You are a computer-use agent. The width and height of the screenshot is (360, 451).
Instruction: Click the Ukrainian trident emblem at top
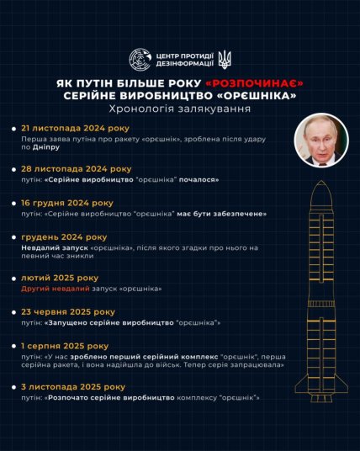(x=225, y=59)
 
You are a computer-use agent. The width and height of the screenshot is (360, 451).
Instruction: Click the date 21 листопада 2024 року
(x=71, y=131)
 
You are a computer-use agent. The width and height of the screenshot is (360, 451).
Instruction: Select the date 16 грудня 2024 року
(x=66, y=203)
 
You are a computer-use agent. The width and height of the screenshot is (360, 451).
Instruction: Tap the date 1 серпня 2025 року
(x=64, y=345)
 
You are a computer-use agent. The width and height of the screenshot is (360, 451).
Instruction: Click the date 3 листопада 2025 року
(x=73, y=386)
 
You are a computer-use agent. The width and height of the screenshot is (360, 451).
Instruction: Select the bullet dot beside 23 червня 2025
(x=13, y=312)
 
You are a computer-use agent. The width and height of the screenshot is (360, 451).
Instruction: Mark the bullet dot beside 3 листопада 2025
(x=13, y=387)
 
